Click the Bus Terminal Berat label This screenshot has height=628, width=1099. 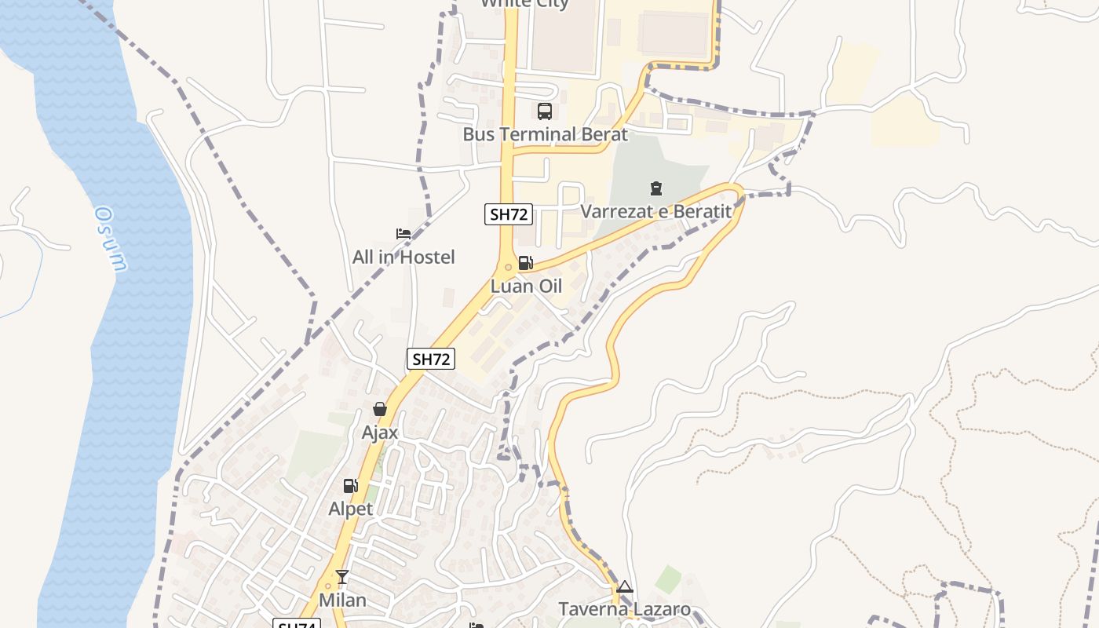pyautogui.click(x=545, y=134)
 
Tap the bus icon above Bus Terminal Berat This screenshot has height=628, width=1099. pyautogui.click(x=545, y=111)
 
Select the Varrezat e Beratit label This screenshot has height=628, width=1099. pyautogui.click(x=655, y=212)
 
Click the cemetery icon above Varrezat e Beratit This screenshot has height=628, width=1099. pyautogui.click(x=655, y=188)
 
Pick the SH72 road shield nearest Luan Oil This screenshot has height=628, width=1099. pyautogui.click(x=509, y=214)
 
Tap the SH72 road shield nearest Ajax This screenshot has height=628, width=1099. pyautogui.click(x=431, y=360)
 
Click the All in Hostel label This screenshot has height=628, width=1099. pyautogui.click(x=403, y=257)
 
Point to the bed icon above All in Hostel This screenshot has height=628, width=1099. pyautogui.click(x=403, y=234)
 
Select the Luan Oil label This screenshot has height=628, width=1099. pyautogui.click(x=526, y=287)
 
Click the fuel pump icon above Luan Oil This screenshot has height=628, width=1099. pyautogui.click(x=525, y=263)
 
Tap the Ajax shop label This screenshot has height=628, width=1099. pyautogui.click(x=380, y=433)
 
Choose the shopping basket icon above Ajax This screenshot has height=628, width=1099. pyautogui.click(x=380, y=409)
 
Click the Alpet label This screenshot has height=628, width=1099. pyautogui.click(x=350, y=509)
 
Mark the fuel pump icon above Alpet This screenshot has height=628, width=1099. pyautogui.click(x=350, y=486)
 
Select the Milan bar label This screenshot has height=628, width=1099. pyautogui.click(x=342, y=601)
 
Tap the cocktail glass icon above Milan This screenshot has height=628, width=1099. pyautogui.click(x=342, y=577)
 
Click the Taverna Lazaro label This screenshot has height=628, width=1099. pyautogui.click(x=624, y=609)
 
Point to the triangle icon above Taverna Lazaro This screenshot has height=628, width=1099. pyautogui.click(x=624, y=586)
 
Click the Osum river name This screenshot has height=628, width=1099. pyautogui.click(x=111, y=239)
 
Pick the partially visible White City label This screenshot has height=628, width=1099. pyautogui.click(x=524, y=3)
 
